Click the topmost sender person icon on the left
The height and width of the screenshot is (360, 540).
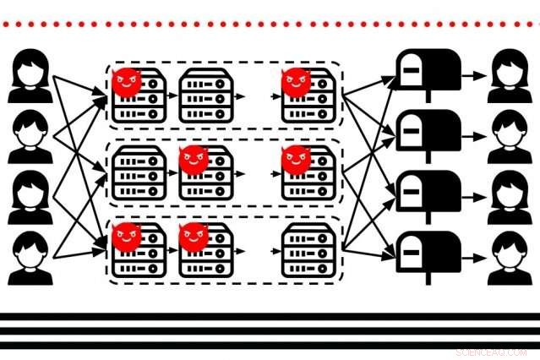(x=30, y=77)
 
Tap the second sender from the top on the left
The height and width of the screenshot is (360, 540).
(x=30, y=137)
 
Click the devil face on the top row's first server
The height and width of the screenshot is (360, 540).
(x=127, y=81)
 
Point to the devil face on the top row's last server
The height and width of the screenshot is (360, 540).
(x=296, y=81)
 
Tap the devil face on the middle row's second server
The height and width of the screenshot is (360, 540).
(x=194, y=158)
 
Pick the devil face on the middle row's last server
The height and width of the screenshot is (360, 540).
(x=296, y=158)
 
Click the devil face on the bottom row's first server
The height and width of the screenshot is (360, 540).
(x=127, y=236)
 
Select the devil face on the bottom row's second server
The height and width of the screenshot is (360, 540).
(x=194, y=236)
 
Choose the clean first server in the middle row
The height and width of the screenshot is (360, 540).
(x=139, y=174)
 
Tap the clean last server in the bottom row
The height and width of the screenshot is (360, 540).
(x=308, y=252)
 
